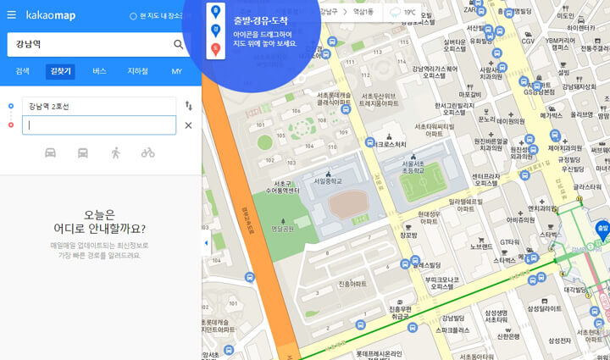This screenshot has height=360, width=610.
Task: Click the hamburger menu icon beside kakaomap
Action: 11,14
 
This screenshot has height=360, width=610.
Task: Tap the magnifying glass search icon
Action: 179,44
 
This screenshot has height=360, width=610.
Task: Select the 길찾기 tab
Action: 61,71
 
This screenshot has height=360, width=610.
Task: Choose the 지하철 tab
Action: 138,71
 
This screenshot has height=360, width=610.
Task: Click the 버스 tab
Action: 99,71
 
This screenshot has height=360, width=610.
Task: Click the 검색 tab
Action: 23,71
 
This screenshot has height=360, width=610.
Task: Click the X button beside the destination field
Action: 188,125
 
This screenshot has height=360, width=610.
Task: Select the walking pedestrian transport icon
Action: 115,152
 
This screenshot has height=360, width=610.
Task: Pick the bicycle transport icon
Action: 147,152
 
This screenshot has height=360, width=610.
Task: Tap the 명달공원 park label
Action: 282,229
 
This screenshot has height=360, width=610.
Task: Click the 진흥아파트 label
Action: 352,284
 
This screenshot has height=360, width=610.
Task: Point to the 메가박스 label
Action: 552,115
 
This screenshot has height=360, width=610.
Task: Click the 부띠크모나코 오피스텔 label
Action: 441,282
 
